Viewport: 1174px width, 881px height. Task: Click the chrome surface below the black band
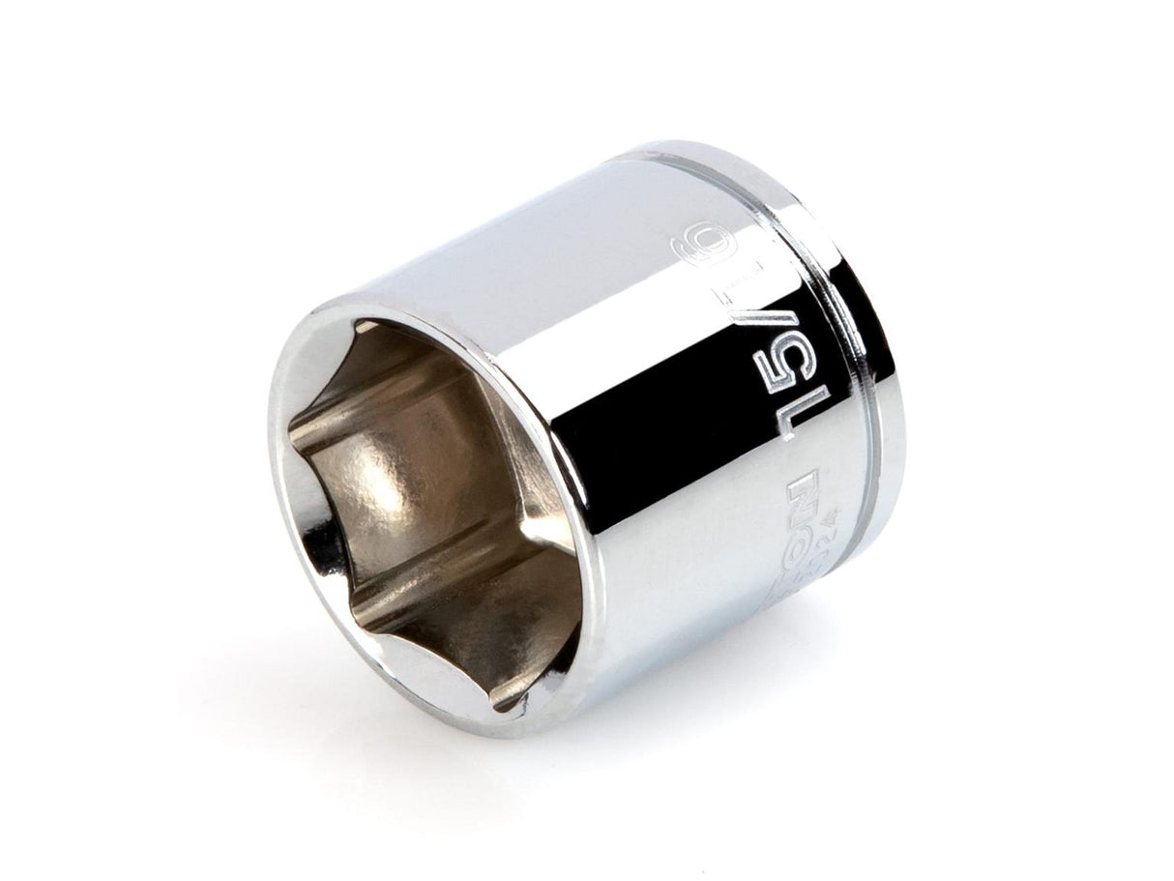(x=677, y=600)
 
